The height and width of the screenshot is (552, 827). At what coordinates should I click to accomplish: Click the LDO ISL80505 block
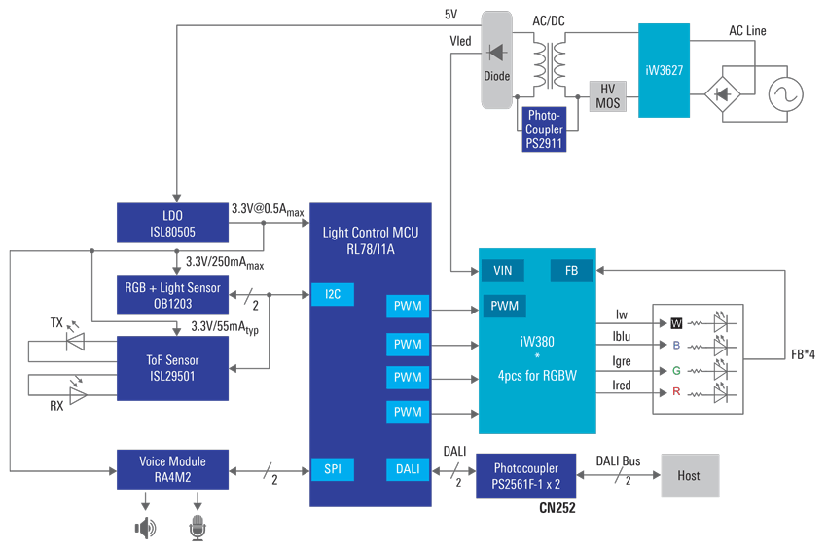click(173, 223)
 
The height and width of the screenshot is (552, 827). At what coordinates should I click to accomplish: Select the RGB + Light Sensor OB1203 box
click(173, 295)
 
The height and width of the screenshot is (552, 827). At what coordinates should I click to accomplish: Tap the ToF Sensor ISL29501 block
click(173, 368)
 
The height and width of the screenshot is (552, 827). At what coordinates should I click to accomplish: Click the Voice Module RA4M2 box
click(173, 468)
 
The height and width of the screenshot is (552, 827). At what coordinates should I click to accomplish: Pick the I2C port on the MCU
click(332, 294)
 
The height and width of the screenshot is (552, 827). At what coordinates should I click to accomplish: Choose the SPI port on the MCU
click(332, 469)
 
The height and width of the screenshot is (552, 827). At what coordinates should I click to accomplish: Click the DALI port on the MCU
click(408, 469)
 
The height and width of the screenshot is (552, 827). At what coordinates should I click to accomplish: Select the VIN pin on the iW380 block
click(503, 270)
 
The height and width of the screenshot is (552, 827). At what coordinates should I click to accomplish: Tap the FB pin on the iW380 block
click(571, 270)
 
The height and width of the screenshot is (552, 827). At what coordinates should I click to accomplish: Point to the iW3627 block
click(664, 71)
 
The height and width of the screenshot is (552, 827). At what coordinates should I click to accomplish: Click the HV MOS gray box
click(607, 95)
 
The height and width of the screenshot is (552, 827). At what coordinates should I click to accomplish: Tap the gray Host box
click(689, 476)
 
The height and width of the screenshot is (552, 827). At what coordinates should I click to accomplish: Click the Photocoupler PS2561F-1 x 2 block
click(526, 476)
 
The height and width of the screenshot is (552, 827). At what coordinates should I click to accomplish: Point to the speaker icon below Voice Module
click(145, 528)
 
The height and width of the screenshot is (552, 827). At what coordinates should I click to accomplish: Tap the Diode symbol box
click(496, 58)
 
